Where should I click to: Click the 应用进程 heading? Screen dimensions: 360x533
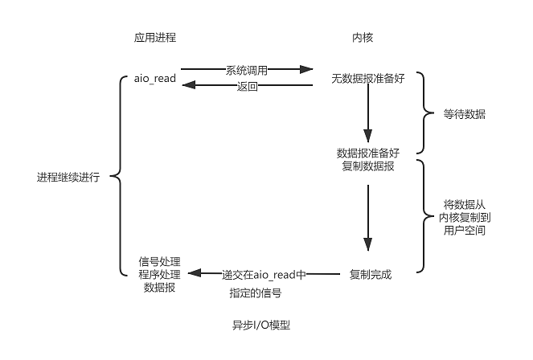point(155,37)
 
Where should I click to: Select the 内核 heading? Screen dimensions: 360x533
point(363,37)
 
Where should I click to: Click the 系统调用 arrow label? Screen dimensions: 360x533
point(247,70)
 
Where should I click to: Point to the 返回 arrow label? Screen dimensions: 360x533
point(247,86)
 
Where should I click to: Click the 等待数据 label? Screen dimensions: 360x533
point(465,115)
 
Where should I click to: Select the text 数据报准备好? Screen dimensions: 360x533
point(368,153)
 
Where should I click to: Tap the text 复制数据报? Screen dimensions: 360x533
point(368,166)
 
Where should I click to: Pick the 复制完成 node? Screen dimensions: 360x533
point(371,275)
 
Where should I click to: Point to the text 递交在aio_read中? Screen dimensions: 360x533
point(264,275)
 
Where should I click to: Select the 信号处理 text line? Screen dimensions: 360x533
point(160,261)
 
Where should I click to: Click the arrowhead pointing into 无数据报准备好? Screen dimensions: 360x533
point(305,70)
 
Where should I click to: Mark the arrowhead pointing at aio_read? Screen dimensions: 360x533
point(186,84)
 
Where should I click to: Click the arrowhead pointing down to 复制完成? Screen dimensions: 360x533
point(367,246)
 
